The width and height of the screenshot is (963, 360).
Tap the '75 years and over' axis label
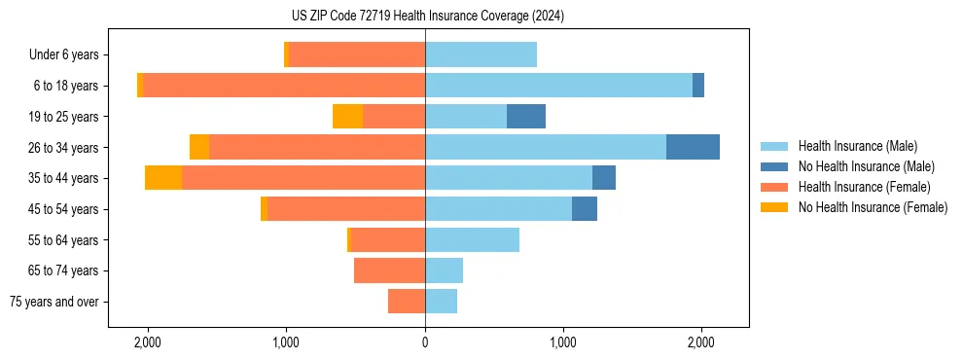coord(54,302)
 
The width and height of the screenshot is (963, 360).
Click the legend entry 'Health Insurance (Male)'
coord(857,146)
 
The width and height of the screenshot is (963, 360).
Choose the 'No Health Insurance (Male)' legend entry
coord(866,166)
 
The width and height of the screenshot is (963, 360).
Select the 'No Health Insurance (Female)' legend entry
coord(873,207)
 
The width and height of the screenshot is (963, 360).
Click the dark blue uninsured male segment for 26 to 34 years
coord(693,147)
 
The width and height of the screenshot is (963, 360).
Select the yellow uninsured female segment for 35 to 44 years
coord(163,178)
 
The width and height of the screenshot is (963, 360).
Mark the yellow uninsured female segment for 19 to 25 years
coord(347,117)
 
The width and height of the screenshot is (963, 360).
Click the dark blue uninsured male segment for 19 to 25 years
coord(526,117)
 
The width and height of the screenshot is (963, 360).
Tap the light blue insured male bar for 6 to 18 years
coord(558,86)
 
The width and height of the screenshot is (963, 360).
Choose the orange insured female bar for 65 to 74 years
coord(389,270)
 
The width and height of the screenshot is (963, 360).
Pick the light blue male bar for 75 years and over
coord(441,302)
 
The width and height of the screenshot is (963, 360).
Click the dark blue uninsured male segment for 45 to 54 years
coord(585,209)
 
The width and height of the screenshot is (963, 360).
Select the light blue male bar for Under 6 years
coord(481,55)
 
